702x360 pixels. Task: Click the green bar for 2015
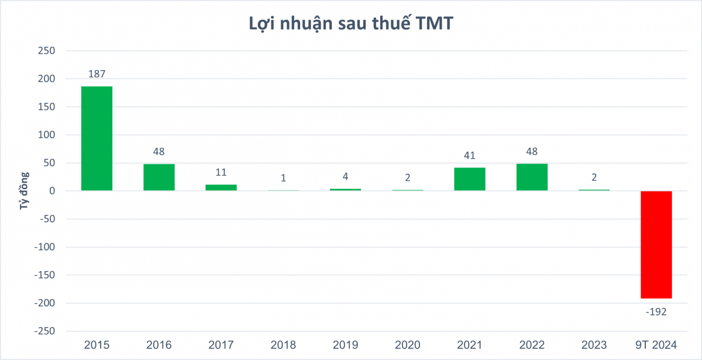click(x=97, y=138)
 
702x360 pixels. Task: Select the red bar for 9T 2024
click(x=656, y=245)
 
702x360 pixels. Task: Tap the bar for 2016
click(x=159, y=177)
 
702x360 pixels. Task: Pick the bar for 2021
click(x=470, y=179)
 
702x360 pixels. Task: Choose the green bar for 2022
click(x=532, y=177)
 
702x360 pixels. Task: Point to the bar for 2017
click(x=221, y=187)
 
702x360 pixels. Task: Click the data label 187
click(x=97, y=74)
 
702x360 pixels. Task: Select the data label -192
click(x=656, y=312)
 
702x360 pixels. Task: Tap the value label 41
click(x=470, y=156)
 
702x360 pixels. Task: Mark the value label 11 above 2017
click(x=221, y=173)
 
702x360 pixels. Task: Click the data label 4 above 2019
click(x=345, y=177)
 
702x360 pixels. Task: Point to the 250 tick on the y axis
click(x=46, y=51)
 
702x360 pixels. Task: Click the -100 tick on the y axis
click(x=44, y=247)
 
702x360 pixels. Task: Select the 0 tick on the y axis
click(x=51, y=191)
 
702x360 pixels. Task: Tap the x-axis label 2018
click(x=283, y=345)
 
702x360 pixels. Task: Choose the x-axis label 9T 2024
click(x=656, y=345)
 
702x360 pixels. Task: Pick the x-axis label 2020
click(x=407, y=345)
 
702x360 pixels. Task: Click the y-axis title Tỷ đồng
click(x=25, y=191)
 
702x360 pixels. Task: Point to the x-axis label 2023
click(x=594, y=345)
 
